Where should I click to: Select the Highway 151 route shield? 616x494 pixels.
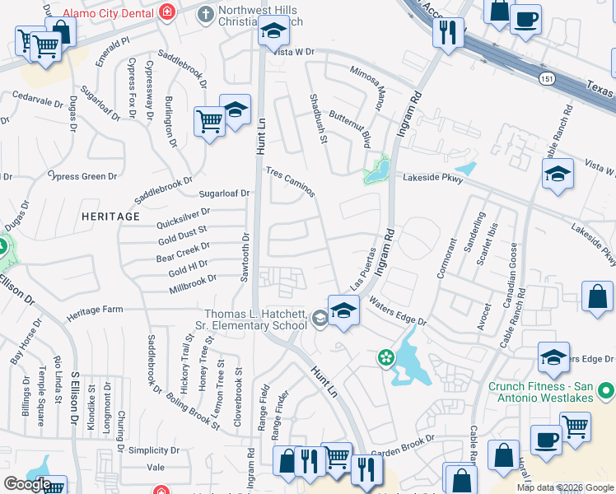pos(547,77)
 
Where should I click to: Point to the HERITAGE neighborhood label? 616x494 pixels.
pos(110,216)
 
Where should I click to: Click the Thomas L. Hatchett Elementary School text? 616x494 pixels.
pos(255,319)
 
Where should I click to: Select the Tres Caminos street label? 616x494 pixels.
pos(290,182)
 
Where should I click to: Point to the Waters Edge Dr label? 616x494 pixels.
pos(398,313)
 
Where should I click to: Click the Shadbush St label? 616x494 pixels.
pos(319,119)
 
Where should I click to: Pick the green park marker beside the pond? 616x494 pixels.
pos(384,357)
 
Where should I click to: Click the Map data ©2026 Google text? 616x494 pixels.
pos(565,487)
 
